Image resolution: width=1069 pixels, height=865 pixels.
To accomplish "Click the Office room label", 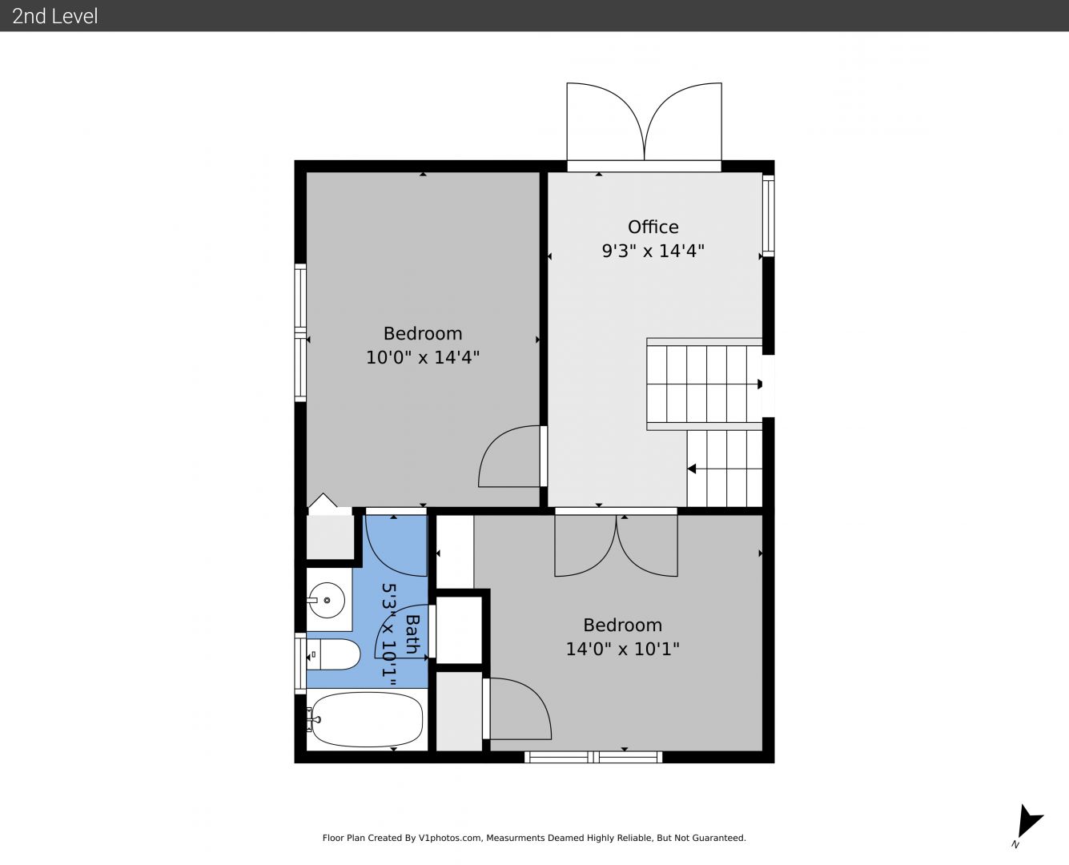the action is [653, 227].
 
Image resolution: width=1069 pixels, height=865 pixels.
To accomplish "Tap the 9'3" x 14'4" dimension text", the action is [653, 251].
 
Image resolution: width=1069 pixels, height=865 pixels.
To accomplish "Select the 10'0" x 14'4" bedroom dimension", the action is [423, 357].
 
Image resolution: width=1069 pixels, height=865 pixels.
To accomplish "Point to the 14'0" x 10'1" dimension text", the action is [622, 649].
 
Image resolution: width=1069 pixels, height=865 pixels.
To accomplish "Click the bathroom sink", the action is [326, 600].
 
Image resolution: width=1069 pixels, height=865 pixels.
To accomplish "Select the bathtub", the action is [366, 719].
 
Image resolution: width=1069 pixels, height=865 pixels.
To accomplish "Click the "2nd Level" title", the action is [54, 16].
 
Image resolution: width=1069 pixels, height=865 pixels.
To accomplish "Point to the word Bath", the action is [412, 634].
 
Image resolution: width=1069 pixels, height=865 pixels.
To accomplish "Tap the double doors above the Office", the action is [644, 122].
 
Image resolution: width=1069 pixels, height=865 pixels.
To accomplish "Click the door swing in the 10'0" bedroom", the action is [509, 456].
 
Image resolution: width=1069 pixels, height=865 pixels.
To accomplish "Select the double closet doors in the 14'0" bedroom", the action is [617, 545].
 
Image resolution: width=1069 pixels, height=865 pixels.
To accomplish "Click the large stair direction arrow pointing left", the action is [692, 469].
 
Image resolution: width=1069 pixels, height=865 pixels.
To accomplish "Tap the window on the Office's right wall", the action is [769, 216].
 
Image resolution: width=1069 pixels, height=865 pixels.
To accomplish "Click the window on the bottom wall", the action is [593, 757].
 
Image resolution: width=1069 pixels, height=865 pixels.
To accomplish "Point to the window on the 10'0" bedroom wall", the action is [300, 333].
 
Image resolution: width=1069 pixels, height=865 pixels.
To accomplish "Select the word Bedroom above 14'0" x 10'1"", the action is [622, 625].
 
